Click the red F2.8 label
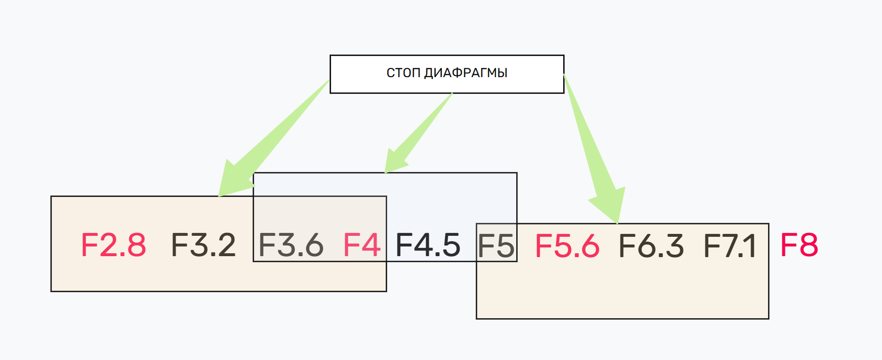tap(113, 245)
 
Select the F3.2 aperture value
tap(203, 245)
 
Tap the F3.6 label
tap(291, 245)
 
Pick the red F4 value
tap(361, 245)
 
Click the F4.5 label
tap(428, 245)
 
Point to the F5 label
tap(496, 246)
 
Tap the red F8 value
tap(799, 245)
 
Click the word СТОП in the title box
tap(403, 73)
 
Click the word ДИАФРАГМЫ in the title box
tap(466, 73)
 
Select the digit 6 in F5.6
tap(589, 246)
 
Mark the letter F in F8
tap(789, 245)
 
